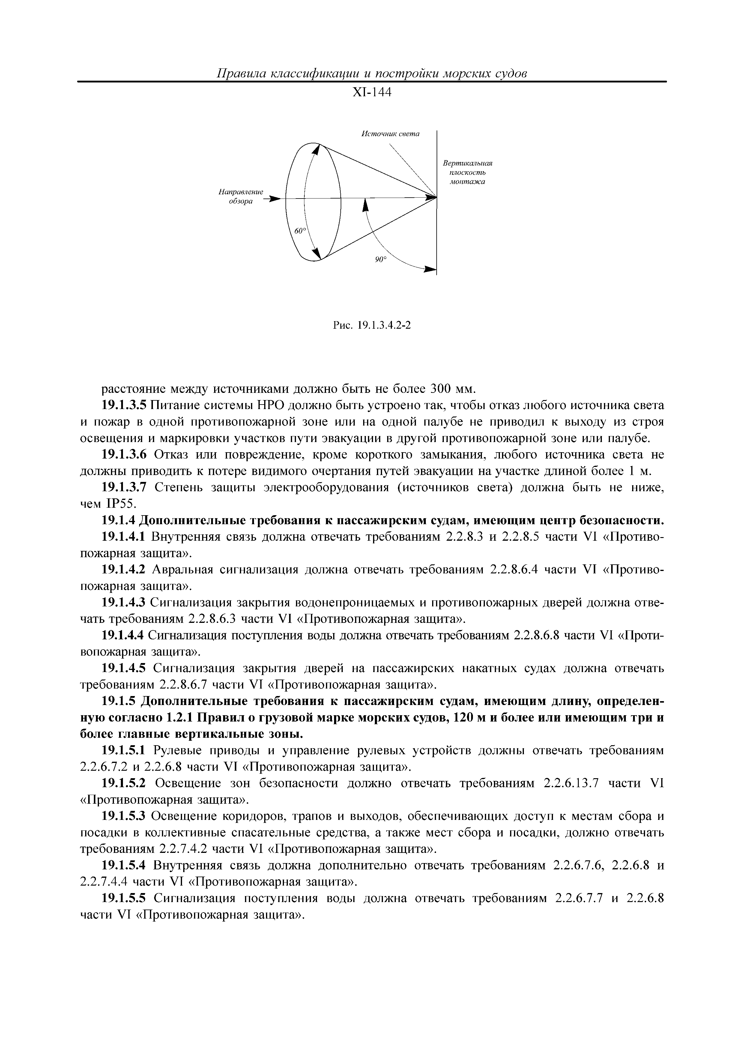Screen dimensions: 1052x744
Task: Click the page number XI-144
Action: point(372,93)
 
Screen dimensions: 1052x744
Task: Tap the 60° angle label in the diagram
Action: point(300,232)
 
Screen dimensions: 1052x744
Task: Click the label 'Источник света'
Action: point(390,134)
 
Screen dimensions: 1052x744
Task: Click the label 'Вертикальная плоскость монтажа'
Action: point(467,172)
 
